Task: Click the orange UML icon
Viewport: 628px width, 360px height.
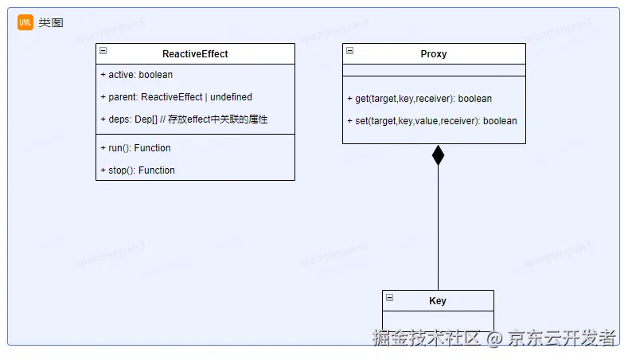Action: (25, 22)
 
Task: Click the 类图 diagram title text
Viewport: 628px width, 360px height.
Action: (50, 23)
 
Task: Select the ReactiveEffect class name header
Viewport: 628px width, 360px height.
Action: (195, 54)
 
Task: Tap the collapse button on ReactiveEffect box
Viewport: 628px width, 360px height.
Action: (103, 51)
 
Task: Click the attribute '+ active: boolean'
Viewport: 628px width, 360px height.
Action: (137, 75)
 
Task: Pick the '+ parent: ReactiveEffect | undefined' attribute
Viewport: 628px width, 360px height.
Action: (176, 97)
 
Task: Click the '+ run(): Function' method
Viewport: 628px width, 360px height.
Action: (136, 148)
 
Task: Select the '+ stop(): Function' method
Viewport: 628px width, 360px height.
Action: (138, 170)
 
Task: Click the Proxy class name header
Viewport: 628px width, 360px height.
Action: (434, 54)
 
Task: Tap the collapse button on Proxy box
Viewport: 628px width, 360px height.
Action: (350, 51)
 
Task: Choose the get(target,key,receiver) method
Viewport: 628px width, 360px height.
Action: (419, 99)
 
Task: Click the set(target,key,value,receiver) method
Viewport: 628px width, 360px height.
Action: (432, 121)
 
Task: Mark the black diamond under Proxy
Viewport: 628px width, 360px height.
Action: (438, 155)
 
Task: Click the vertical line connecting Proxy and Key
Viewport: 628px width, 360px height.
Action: (438, 231)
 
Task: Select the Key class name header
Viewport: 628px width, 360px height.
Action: (438, 301)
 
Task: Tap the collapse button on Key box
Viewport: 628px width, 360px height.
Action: (390, 298)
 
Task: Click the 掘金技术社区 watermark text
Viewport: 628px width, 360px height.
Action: (427, 338)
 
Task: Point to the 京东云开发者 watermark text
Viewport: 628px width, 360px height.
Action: (563, 338)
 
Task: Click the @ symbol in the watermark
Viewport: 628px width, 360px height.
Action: (494, 338)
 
